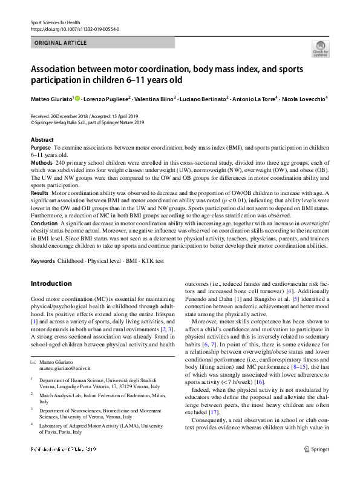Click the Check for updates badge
pos(320,48)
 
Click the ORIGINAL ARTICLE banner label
pos(61,44)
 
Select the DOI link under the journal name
pos(74,28)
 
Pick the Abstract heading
pos(42,140)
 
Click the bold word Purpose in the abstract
pos(41,148)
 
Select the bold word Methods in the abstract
pos(42,163)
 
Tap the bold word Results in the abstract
pos(41,193)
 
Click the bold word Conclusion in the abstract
pos(45,222)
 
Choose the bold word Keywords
pos(44,261)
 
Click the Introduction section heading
pos(51,283)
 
